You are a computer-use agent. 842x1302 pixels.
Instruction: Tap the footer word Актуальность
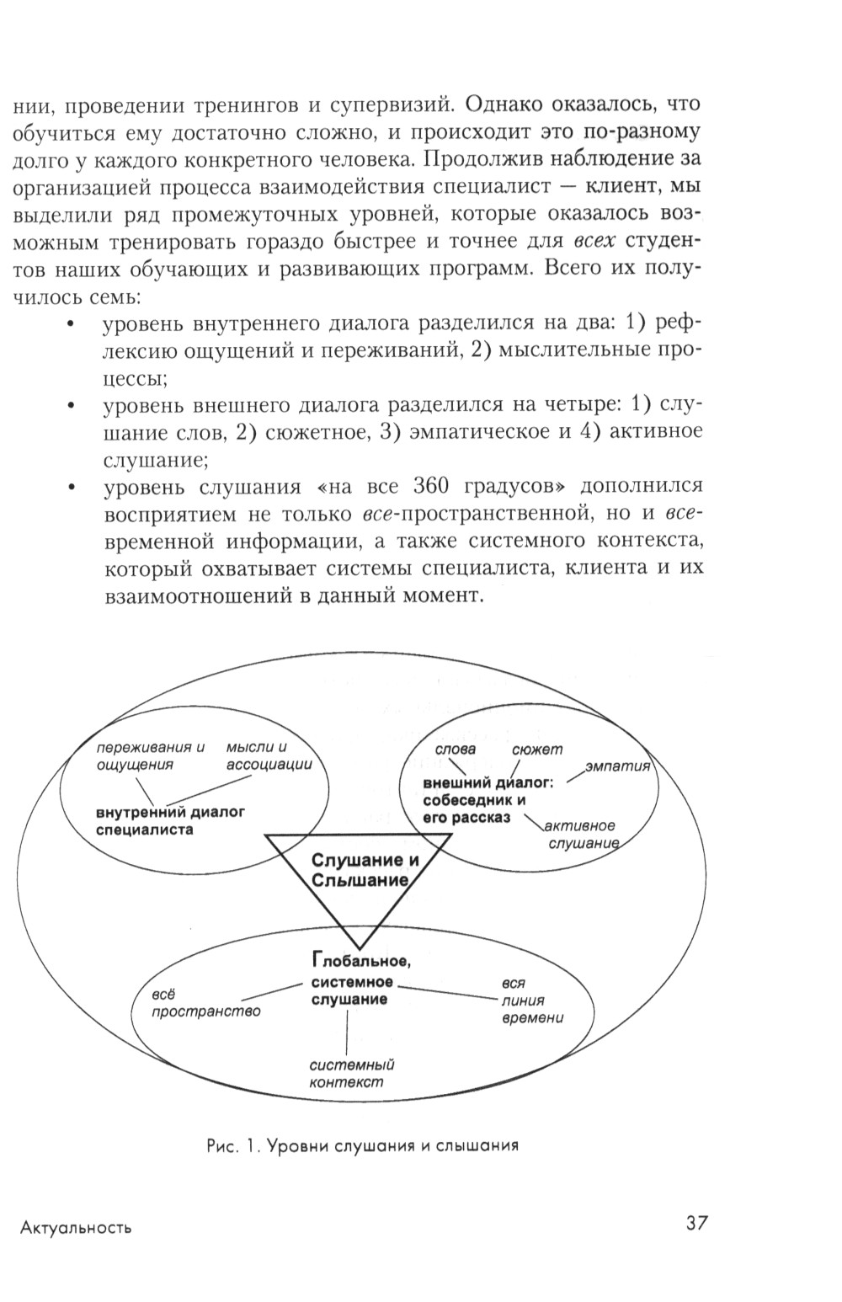tap(76, 1227)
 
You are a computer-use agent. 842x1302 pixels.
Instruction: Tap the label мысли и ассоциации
tap(269, 756)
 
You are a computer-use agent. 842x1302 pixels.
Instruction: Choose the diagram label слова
tap(455, 749)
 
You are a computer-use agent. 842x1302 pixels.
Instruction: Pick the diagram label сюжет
tap(536, 749)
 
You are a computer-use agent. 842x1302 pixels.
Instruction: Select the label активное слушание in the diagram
tap(582, 834)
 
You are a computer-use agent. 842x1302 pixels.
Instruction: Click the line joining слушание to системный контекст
tap(347, 1031)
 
